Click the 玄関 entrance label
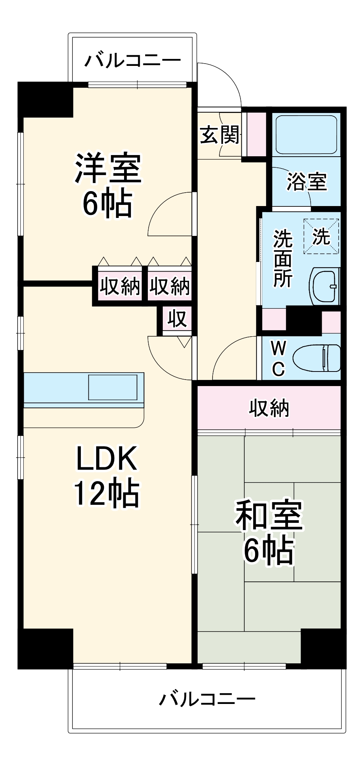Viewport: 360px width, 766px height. point(220,135)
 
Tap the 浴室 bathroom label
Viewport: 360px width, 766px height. point(306,182)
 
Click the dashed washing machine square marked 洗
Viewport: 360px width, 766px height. point(321,236)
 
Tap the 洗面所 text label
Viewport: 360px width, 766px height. point(283,258)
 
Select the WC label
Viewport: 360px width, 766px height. point(278,358)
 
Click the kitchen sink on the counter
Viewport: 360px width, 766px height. point(113,387)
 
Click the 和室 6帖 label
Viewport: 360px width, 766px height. point(269,532)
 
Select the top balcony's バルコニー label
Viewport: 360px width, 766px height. point(133,61)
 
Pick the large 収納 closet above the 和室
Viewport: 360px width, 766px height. point(269,408)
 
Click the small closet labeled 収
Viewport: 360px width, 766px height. point(177,319)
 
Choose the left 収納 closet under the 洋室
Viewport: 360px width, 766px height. point(120,286)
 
